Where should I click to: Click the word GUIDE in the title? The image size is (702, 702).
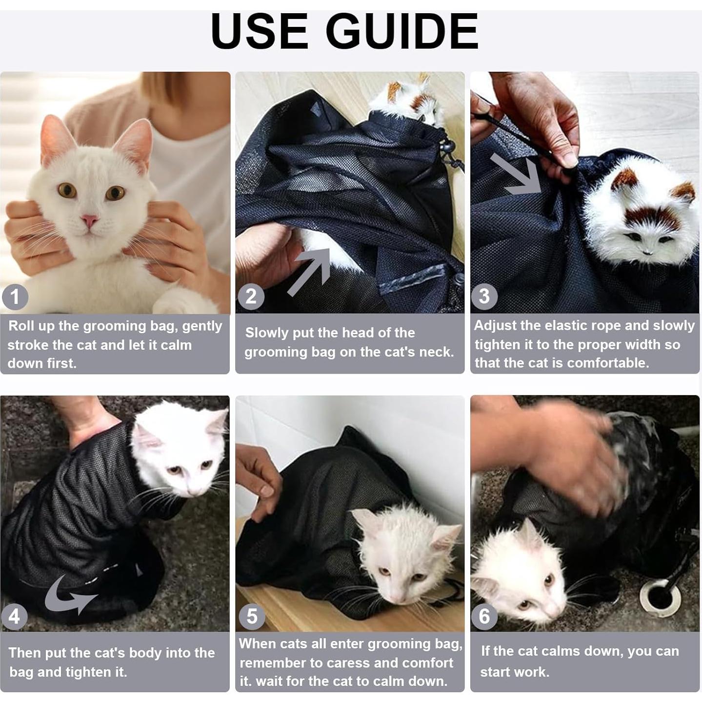(x=401, y=32)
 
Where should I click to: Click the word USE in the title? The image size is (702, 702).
(x=260, y=32)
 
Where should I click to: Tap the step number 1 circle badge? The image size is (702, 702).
(x=15, y=297)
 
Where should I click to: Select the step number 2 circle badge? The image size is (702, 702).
(x=251, y=296)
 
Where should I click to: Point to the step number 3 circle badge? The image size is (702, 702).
(x=484, y=296)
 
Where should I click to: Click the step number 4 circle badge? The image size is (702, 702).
(x=14, y=617)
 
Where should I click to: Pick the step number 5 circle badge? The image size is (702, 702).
(x=252, y=616)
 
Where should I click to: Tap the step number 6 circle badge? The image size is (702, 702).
(x=484, y=616)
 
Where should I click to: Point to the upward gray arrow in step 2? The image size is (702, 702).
(x=309, y=271)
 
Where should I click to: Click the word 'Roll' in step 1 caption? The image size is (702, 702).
(x=20, y=326)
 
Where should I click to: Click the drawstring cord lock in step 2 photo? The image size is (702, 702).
(x=447, y=147)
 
